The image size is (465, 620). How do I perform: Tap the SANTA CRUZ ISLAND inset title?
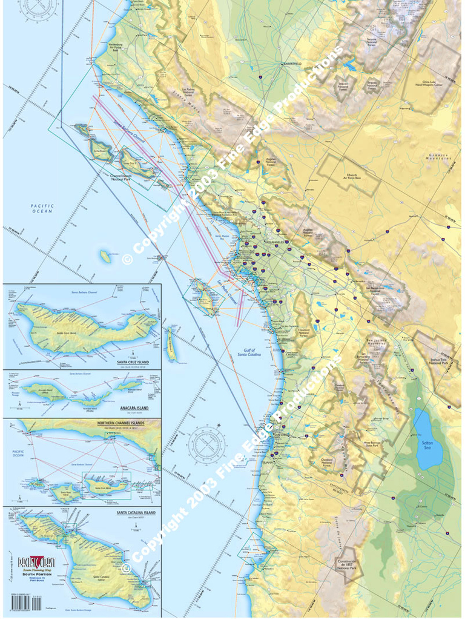point(130,362)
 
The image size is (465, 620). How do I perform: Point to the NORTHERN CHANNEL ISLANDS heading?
point(120,422)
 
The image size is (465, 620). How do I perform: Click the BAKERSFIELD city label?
point(291,63)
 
